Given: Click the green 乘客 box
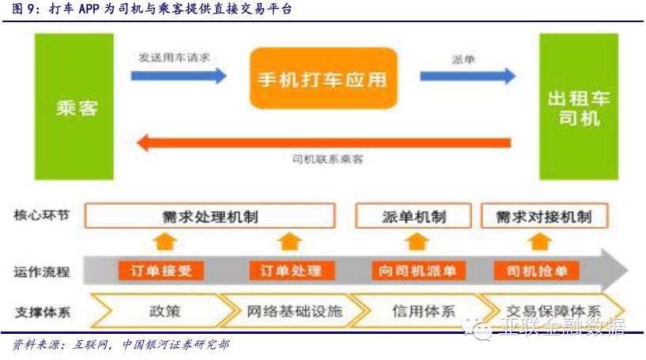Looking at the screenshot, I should coord(77,107).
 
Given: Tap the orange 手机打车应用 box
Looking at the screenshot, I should coord(323,78).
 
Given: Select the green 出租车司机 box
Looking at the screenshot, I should coord(578,107).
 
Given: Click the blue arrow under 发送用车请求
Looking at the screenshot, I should coord(179,76).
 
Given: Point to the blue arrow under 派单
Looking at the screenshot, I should coord(467,76).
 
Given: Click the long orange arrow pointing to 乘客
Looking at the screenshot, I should coord(324,142).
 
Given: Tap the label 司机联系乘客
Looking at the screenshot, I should coord(327,159).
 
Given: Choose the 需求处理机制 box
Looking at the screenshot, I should coord(210,216).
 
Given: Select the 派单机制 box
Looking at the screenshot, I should coord(413,216).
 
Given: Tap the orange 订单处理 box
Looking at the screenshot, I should coord(291,271).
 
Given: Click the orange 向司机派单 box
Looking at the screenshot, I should coord(417,271).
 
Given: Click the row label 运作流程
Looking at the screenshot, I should coord(42,271).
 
